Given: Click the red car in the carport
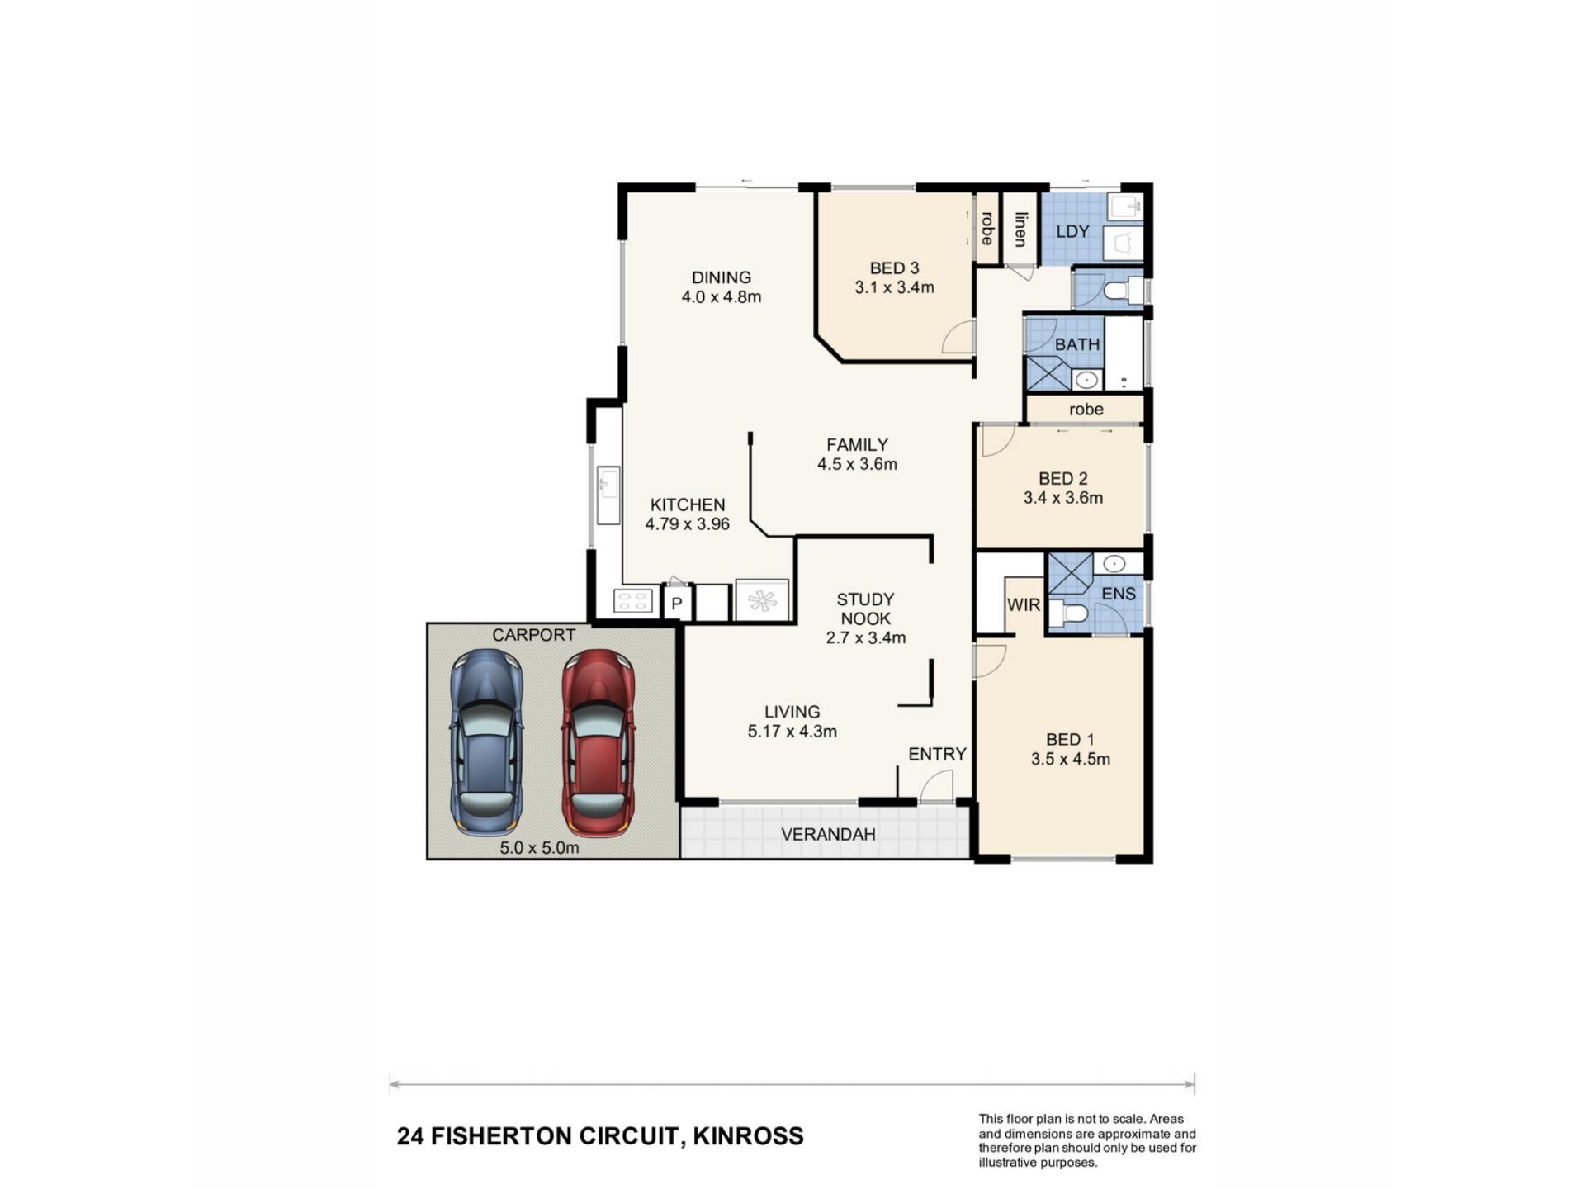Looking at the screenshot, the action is (x=599, y=742).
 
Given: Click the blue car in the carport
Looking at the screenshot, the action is (x=486, y=742).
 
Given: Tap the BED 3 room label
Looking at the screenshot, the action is (x=894, y=268).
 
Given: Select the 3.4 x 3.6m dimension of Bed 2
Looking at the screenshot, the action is (x=1063, y=498).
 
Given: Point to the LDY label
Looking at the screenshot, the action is (x=1072, y=232).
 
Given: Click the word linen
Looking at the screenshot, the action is (x=1021, y=230).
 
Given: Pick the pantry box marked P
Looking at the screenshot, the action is (x=677, y=603).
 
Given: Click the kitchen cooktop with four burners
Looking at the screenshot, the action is (x=633, y=600).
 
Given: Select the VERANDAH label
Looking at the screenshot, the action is (x=828, y=835).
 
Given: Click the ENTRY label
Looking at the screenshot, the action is (x=937, y=754).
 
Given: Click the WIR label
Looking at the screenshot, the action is (x=1024, y=605).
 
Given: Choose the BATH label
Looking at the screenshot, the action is (x=1077, y=344).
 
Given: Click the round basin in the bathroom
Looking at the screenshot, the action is (x=1086, y=380).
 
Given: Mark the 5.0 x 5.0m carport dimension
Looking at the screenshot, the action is (x=539, y=848).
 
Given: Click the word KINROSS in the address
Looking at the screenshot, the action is (x=748, y=1137).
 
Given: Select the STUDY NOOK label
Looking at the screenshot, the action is (x=865, y=609).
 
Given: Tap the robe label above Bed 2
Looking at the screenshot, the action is (x=1086, y=410).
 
